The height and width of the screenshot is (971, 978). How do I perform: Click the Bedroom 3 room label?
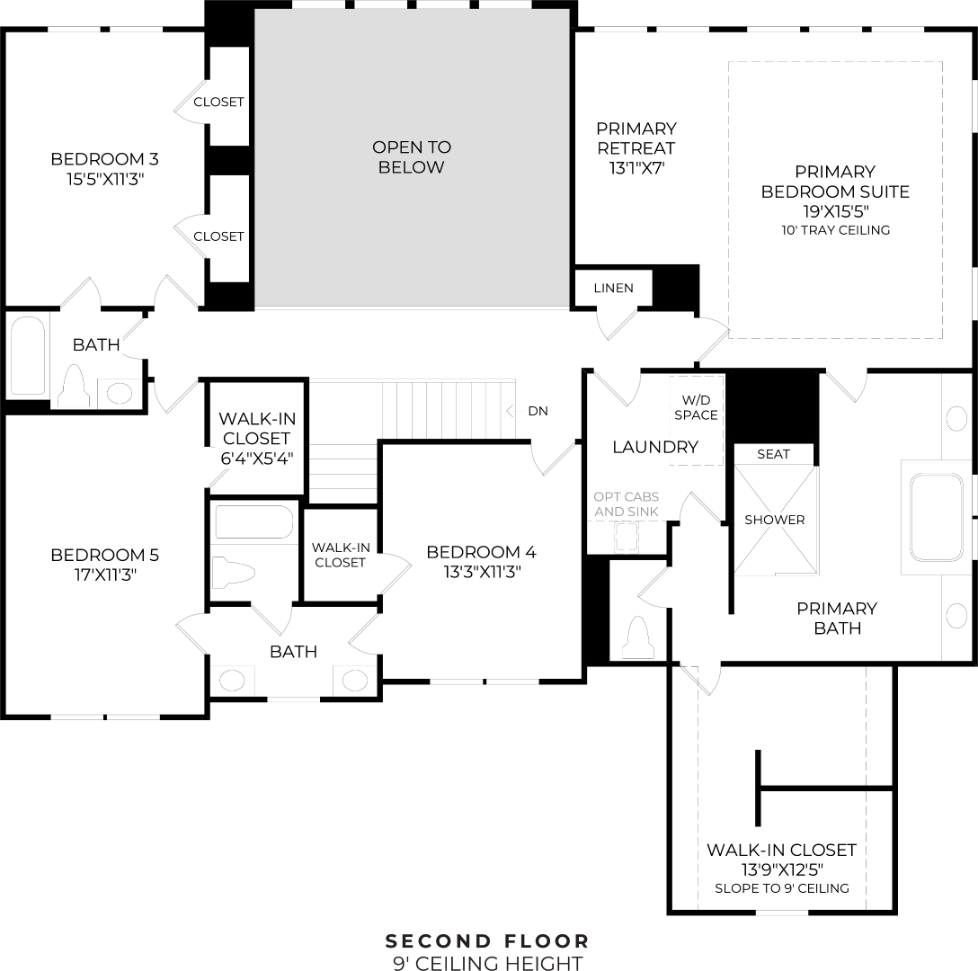[105, 159]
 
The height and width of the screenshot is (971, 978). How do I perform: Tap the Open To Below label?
[412, 157]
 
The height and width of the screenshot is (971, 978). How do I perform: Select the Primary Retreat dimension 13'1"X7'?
[636, 168]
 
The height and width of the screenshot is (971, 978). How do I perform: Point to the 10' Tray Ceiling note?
[836, 230]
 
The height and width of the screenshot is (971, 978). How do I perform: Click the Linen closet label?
[614, 289]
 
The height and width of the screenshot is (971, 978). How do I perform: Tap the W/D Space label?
[696, 407]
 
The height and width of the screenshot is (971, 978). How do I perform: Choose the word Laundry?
[655, 447]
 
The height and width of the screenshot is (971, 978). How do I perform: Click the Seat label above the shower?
[773, 454]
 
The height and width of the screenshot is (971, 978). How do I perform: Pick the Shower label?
[775, 520]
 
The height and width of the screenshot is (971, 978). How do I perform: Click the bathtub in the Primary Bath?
[937, 517]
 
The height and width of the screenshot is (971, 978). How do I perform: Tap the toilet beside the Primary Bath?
[638, 637]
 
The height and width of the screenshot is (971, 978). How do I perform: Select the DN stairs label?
[538, 411]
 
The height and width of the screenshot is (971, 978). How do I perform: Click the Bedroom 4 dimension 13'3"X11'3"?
[482, 572]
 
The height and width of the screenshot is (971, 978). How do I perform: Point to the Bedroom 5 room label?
[105, 555]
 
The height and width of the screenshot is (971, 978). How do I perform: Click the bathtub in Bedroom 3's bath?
[28, 355]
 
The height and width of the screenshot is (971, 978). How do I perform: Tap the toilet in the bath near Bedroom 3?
[74, 387]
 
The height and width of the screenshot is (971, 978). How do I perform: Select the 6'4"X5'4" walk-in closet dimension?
[257, 459]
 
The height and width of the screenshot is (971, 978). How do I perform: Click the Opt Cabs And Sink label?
[627, 504]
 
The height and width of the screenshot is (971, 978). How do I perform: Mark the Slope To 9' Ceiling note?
[782, 888]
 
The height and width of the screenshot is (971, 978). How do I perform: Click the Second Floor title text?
[487, 941]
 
